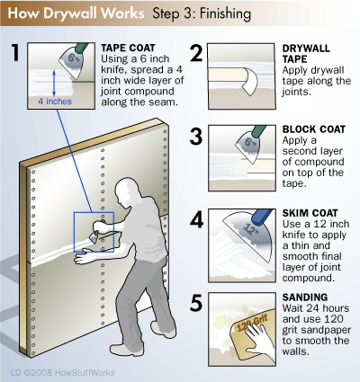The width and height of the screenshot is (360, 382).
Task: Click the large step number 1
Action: coord(15,52)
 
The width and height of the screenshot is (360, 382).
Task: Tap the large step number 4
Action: coord(196,220)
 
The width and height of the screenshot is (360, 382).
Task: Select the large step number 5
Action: coord(196,303)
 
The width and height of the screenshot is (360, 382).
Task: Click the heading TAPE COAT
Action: coord(128,48)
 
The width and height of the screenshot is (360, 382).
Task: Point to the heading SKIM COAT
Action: coord(310,213)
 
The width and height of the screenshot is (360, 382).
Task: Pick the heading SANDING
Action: coord(305,298)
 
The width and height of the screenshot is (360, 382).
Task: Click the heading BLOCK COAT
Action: coord(314,129)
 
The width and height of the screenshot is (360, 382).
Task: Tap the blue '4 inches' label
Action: coord(55,102)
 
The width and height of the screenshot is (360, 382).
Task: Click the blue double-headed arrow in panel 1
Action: coord(54,83)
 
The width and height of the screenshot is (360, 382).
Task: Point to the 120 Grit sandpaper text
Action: coord(252,323)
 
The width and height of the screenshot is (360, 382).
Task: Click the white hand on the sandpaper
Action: coord(257,340)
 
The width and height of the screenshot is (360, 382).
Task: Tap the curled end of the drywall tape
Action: coord(249,81)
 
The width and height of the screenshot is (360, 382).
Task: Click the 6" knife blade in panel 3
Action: coord(247,147)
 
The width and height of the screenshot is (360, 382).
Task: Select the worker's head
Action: coord(126,189)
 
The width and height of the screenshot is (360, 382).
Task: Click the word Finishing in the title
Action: coord(225,13)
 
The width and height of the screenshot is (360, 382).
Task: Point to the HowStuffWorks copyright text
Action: coord(63,373)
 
